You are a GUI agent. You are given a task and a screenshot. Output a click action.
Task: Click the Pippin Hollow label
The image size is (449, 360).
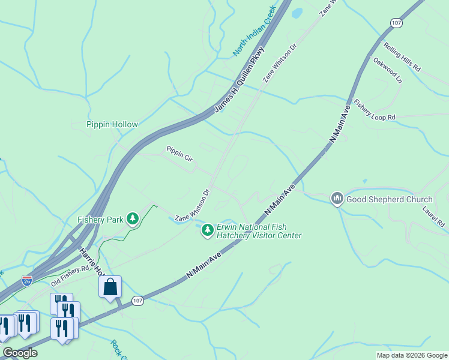click(112, 125)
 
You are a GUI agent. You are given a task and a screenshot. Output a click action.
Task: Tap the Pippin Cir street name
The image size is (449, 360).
click(179, 153)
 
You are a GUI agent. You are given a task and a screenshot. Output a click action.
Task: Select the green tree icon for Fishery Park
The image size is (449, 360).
click(132, 219)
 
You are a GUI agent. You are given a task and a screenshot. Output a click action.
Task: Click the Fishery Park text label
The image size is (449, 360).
click(100, 220)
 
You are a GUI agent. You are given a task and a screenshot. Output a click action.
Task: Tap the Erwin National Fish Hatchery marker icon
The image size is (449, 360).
click(207, 230)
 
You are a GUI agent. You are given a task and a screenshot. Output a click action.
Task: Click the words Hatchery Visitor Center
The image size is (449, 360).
click(260, 235)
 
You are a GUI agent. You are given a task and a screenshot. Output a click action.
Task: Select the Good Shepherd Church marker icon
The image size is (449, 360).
click(337, 199)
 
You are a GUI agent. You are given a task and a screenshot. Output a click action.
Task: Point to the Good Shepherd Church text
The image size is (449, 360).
click(390, 200)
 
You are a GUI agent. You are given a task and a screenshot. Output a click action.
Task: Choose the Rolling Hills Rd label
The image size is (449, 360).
click(402, 57)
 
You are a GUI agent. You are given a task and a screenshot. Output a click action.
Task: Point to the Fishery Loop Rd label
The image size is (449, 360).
click(375, 110)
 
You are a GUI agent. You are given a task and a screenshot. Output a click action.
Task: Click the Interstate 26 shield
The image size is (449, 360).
click(26, 280)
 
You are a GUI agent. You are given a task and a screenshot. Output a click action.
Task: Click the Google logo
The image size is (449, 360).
click(19, 353)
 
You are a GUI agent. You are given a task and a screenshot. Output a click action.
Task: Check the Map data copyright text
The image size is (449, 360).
click(412, 355)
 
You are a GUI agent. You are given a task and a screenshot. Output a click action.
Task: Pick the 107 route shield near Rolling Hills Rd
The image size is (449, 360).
click(396, 23)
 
